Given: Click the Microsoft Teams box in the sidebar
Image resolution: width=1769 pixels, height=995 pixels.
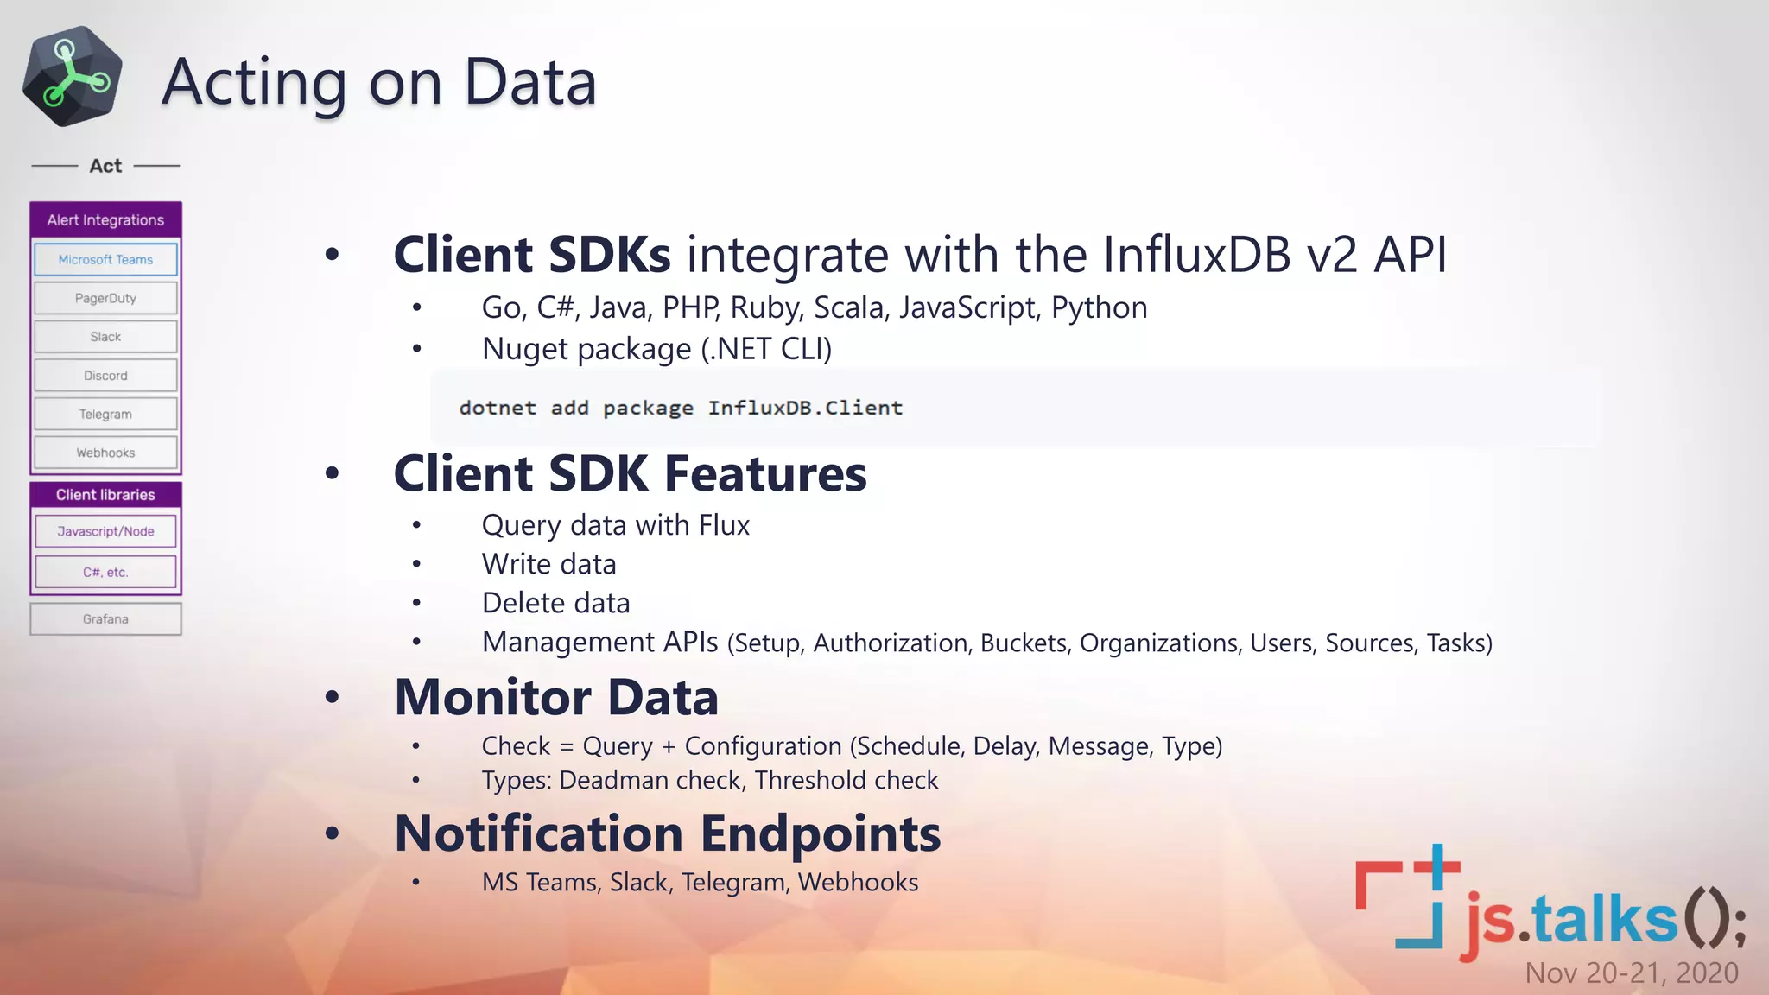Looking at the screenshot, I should pos(105,259).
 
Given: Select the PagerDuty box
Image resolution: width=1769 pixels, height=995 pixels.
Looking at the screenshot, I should pos(105,298).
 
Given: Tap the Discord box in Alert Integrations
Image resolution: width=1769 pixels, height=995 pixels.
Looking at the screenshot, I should pos(105,376).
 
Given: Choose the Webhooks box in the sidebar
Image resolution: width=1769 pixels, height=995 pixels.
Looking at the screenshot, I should pos(105,453).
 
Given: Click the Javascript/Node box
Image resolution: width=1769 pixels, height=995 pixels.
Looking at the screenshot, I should pos(105,531).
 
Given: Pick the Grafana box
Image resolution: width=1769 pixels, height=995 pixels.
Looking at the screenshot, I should pos(105,619).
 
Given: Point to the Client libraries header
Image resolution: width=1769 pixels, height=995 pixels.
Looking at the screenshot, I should pos(105,495).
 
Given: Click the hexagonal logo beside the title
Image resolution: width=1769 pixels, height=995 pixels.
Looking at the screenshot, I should pos(73,76).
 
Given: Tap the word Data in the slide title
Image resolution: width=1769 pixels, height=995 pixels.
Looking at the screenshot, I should pos(529,82).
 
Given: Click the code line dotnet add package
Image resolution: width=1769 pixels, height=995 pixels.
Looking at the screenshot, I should pos(680,408).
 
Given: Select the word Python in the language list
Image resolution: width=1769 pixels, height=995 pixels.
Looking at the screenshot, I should pos(1099,307).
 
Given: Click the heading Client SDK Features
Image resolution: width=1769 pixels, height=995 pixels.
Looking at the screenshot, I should pos(630,473).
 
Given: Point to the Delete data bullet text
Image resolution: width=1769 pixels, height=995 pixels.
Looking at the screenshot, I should pos(555,603).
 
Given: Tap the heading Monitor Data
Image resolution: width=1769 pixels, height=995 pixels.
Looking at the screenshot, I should pos(556,697).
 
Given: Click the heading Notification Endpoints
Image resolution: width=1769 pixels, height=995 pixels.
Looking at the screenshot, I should pos(667,833).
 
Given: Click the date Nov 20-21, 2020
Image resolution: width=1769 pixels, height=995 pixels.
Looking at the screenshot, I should pos(1631,973).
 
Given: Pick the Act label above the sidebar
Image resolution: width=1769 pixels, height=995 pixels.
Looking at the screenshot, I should pos(105,166).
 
